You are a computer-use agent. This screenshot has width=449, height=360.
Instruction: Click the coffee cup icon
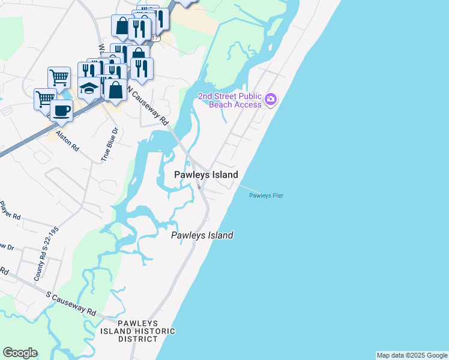61,110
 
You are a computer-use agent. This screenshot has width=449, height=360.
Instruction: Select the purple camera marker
271,98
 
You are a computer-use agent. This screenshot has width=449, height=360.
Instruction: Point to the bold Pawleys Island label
206,175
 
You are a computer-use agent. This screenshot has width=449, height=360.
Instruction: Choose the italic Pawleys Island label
202,236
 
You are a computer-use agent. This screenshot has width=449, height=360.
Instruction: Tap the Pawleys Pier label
266,196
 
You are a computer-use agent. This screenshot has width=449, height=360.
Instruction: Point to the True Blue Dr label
107,144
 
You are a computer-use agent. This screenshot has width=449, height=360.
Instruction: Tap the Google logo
20,353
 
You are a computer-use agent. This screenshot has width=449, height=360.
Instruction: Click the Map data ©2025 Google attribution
412,355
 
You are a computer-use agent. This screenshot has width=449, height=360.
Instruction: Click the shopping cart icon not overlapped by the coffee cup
59,77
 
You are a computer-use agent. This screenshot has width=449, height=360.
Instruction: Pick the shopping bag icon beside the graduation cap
115,90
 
